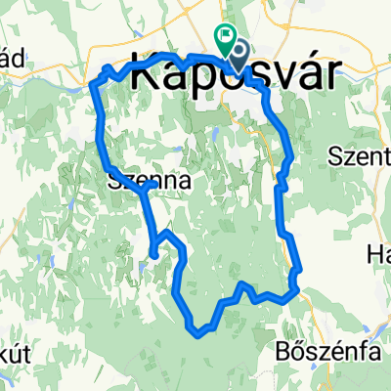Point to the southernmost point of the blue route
[x=200, y=332]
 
